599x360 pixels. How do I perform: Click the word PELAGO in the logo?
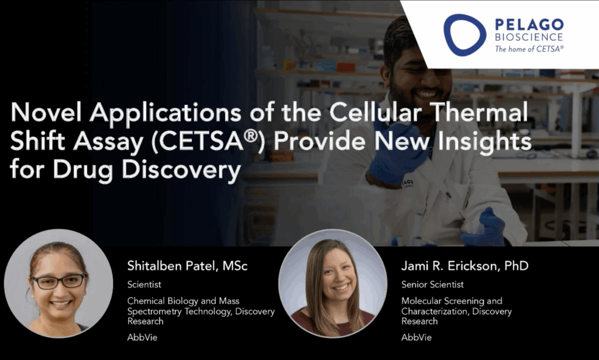529,25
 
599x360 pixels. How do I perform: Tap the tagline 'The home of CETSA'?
529,49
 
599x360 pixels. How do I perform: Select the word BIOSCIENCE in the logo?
529,37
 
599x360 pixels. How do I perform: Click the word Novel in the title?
46,112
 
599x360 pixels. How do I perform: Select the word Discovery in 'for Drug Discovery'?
181,170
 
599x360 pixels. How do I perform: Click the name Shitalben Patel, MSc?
187,266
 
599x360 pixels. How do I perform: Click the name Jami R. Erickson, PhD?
465,266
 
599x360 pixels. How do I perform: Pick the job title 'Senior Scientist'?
432,284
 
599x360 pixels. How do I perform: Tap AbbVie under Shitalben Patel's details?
142,337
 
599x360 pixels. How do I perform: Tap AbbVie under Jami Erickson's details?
416,337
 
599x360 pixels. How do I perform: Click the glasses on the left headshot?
59,282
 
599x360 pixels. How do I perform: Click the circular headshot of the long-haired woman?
333,283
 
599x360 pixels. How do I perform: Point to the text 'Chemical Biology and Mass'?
183,301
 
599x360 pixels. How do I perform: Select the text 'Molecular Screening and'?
452,301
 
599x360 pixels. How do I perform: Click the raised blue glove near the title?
397,153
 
